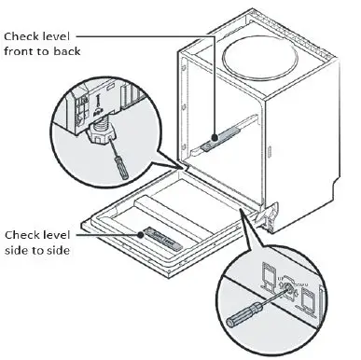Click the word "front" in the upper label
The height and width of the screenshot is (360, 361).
(21, 52)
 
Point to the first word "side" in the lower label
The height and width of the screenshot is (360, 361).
(18, 250)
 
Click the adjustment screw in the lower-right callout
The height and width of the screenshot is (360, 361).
(285, 288)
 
